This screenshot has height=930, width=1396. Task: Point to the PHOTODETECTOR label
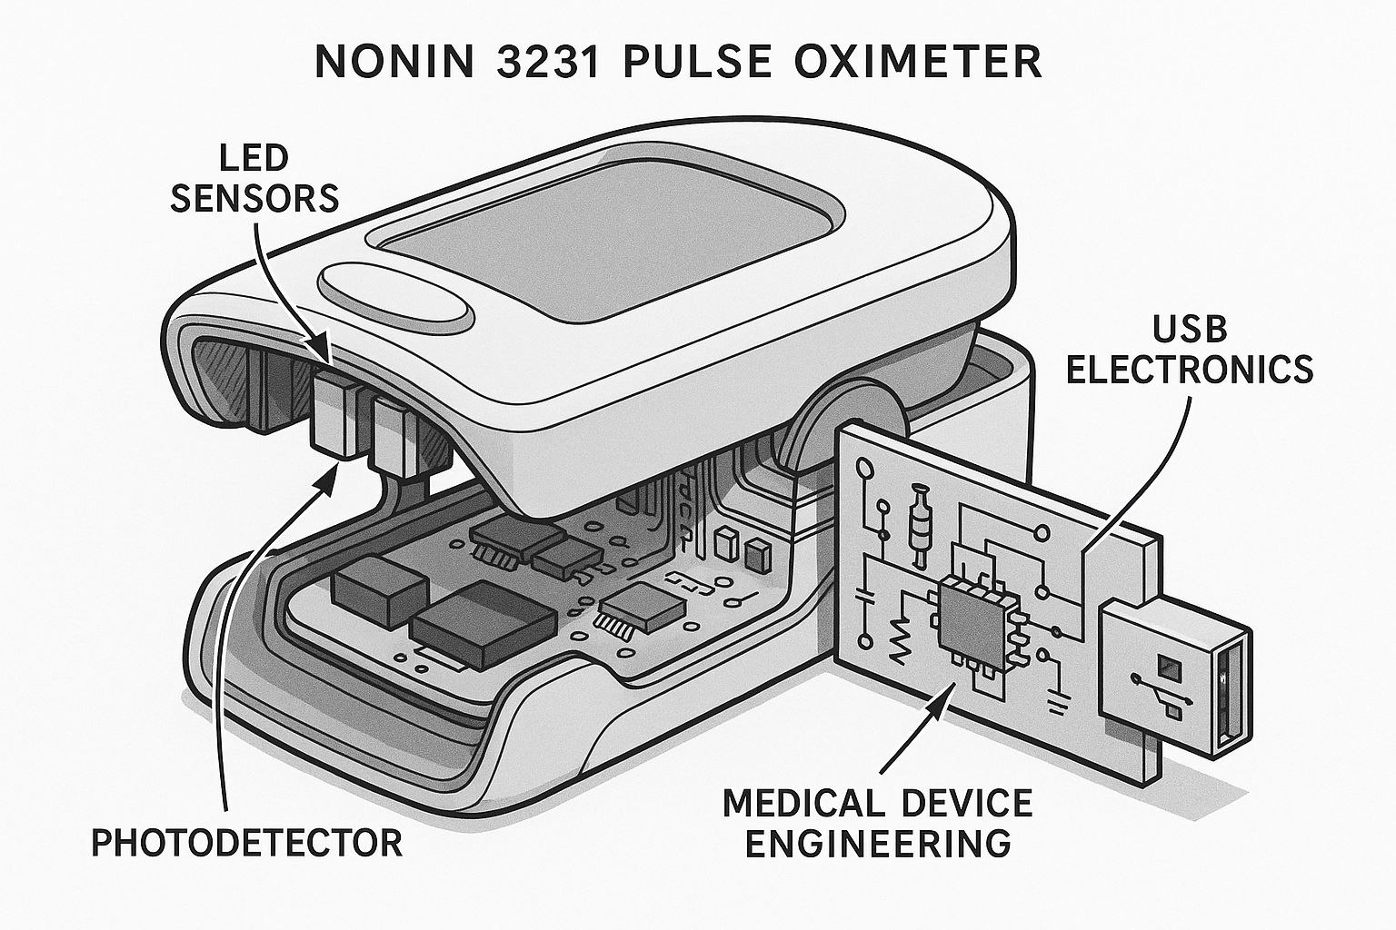[247, 843]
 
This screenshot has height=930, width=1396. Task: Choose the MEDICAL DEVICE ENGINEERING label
[877, 823]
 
